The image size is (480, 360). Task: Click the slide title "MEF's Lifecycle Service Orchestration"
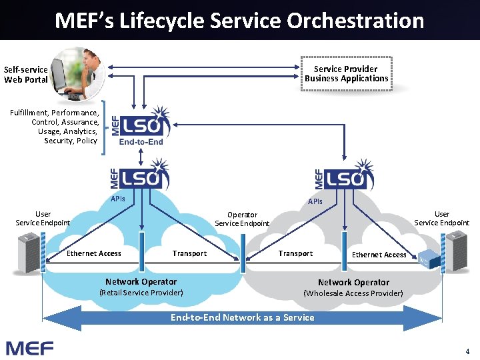coord(239,21)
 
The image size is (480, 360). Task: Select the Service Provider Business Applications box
coord(346,74)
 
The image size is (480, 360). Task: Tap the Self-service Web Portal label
coord(26,75)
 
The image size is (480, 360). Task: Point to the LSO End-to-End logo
coord(140,126)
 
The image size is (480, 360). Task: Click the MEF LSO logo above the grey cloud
coord(344,176)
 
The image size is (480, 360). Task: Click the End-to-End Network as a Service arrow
coord(242,317)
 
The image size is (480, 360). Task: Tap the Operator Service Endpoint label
coord(242,219)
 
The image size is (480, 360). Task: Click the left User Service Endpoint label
coord(43,218)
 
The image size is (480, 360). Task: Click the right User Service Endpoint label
coord(441,218)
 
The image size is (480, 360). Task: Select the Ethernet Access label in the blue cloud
coord(94,253)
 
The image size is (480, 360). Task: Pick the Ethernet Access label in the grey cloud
coord(379,255)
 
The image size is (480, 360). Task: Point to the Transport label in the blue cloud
coord(189,253)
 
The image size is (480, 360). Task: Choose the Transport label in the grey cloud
coord(295,253)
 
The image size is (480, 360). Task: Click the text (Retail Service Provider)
coord(141,292)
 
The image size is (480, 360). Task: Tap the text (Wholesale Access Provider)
coord(353,293)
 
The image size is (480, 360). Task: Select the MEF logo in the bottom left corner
coord(29,347)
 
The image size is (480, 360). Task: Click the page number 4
coord(467,351)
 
